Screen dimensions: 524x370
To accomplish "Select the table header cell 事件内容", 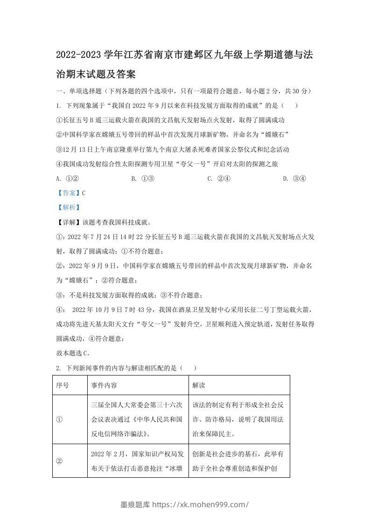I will [104, 385].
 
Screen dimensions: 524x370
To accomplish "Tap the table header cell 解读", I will [199, 385].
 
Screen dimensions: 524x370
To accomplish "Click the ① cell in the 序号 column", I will [59, 419].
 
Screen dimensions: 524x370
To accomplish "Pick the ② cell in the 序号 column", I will [59, 460].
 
